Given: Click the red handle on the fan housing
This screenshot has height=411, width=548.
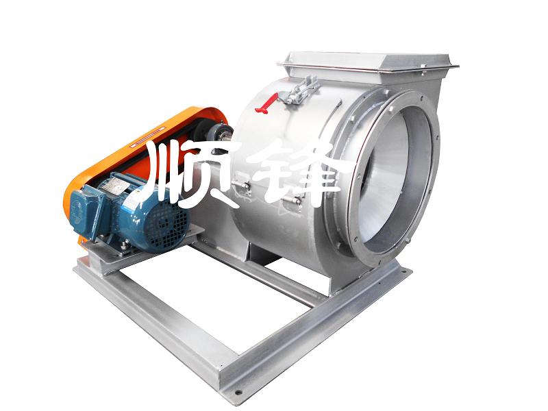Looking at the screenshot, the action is click(x=266, y=103).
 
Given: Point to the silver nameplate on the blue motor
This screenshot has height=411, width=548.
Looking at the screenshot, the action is click(x=114, y=184).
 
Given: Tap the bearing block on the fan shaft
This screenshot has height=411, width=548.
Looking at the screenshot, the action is click(x=221, y=132).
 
